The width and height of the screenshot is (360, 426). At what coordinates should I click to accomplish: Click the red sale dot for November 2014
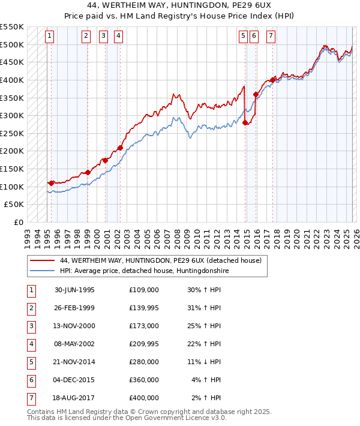245,122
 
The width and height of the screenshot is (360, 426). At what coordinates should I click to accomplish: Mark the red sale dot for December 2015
256,94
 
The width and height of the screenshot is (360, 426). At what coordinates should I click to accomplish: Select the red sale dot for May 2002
121,148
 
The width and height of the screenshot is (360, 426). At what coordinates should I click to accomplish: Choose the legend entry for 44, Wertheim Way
160,261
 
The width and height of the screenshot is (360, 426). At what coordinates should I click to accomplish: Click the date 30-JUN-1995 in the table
74,290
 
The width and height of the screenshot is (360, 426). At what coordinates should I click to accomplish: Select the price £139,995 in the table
143,308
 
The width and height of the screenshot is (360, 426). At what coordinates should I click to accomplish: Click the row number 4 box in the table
31,344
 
